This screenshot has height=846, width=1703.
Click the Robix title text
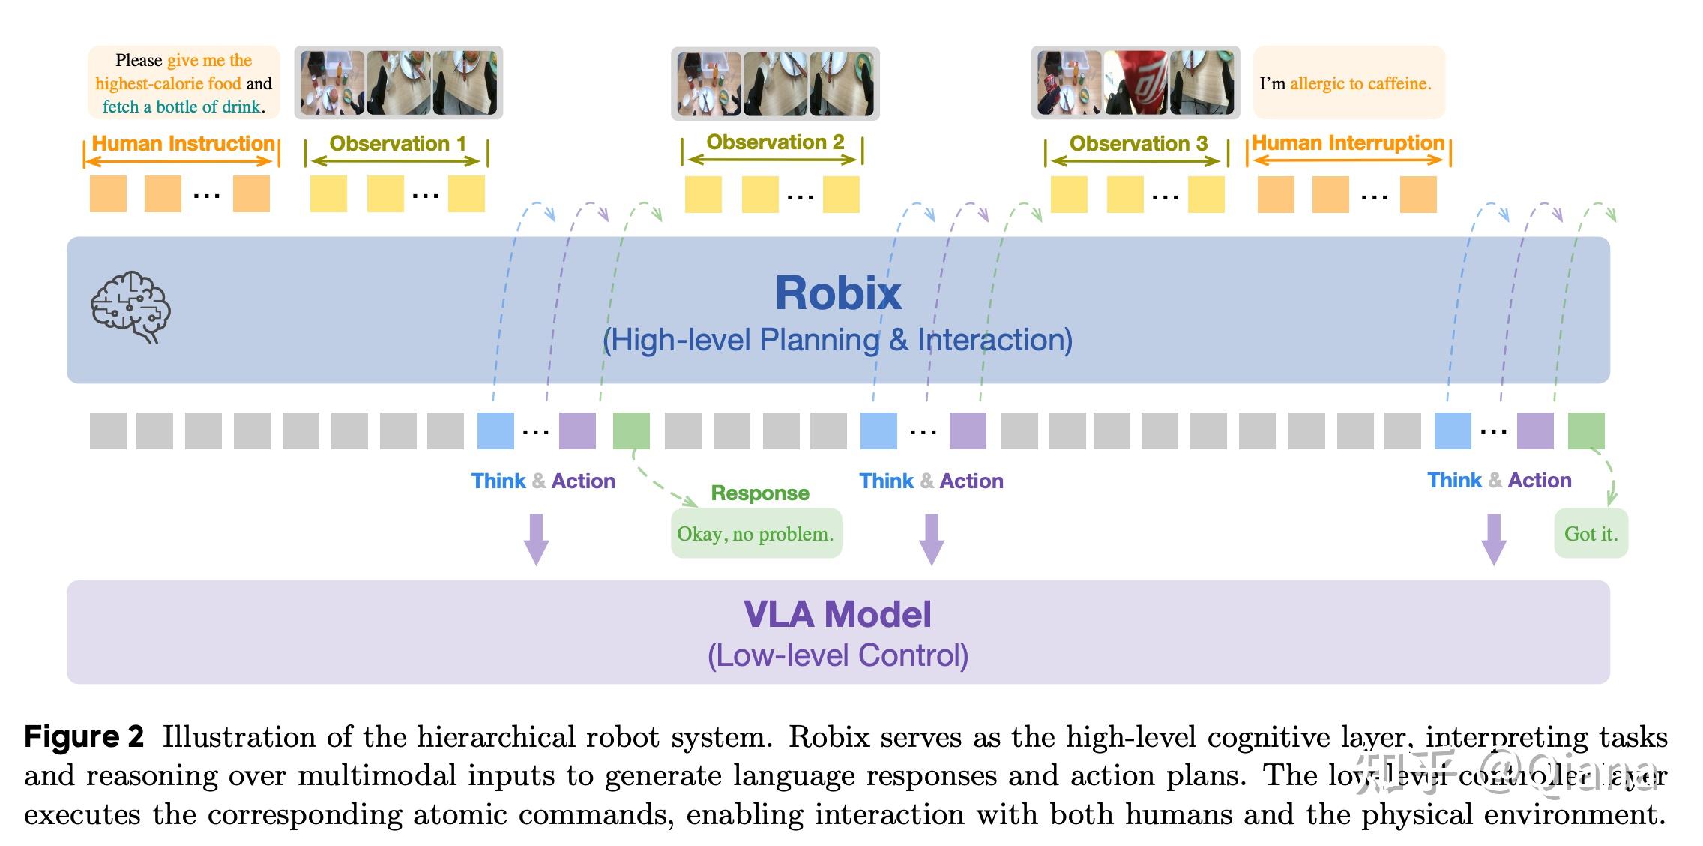(837, 293)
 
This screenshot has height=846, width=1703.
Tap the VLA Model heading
(837, 615)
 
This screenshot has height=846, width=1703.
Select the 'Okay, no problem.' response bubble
(756, 534)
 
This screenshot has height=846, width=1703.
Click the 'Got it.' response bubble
(1591, 534)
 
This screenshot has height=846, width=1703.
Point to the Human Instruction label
(183, 143)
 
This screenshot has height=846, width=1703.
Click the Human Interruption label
(1348, 142)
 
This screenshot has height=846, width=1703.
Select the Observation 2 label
(775, 142)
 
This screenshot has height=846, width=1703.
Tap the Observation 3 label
(1138, 143)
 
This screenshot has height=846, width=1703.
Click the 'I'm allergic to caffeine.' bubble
(1348, 83)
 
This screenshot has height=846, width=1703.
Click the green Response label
(759, 493)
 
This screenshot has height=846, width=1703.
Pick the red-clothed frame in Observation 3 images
(1136, 82)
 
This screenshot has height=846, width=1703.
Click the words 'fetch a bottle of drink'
(182, 106)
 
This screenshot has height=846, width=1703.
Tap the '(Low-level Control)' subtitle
(837, 655)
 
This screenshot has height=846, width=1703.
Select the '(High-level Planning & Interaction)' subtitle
(837, 340)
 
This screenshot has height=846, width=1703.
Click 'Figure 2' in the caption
(83, 736)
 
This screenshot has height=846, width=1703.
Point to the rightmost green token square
(1585, 430)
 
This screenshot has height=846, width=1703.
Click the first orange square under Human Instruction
(108, 194)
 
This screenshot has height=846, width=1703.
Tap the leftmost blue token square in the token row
(495, 430)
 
